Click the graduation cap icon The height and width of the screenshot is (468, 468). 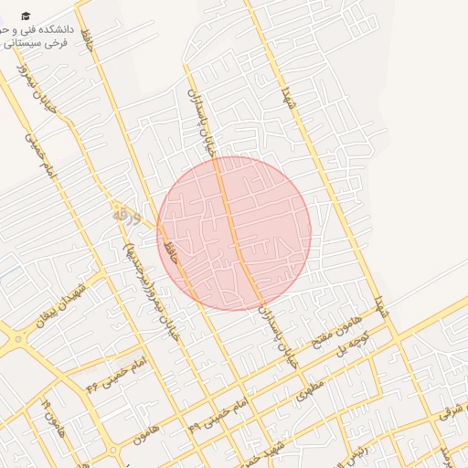pyautogui.click(x=27, y=16)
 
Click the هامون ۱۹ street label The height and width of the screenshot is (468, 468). pyautogui.click(x=53, y=416)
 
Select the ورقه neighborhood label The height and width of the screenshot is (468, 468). pyautogui.click(x=127, y=217)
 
